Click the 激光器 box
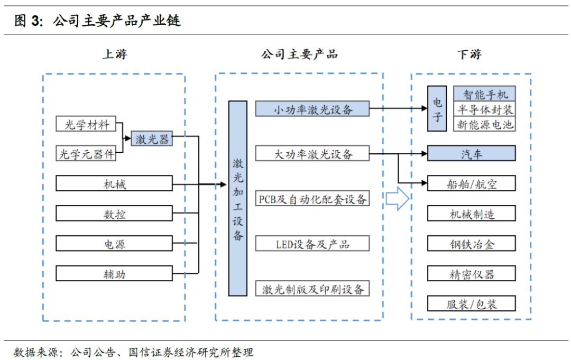coord(152,139)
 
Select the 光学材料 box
coord(87,125)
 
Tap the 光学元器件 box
coord(87,154)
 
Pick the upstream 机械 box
coord(114,184)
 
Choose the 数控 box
coord(114,214)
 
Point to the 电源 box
coord(114,244)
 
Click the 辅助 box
coord(114,274)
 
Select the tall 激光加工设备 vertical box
coord(238,198)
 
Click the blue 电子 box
coord(438,109)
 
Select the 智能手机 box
coord(485,95)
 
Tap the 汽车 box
coord(471,154)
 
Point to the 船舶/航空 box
coord(471,183)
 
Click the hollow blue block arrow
coord(397,199)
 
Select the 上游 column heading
coord(114,54)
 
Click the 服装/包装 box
coord(471,303)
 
